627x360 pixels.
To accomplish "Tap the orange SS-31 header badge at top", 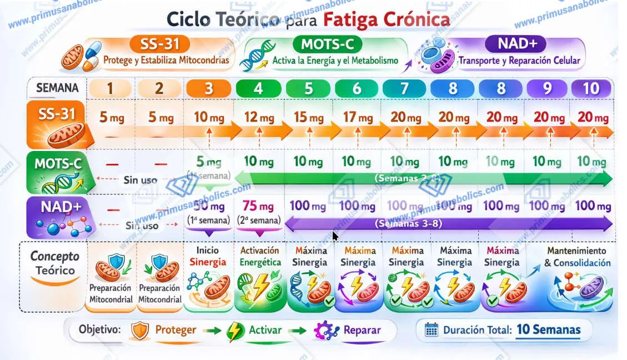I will (160, 43).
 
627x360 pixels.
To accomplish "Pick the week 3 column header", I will (208, 88).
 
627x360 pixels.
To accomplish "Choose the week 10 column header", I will (591, 88).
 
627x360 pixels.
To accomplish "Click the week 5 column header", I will (309, 88).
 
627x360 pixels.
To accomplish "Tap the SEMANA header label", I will (57, 88).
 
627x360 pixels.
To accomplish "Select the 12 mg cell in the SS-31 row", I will (258, 118).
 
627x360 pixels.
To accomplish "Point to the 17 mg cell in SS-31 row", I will (357, 118).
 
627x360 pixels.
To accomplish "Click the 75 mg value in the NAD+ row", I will (258, 206).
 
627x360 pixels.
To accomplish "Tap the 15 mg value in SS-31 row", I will (309, 118).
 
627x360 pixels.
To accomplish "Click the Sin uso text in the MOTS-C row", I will (141, 180).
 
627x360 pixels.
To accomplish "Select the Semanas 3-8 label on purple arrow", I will (409, 224).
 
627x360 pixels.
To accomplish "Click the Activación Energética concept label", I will (259, 256).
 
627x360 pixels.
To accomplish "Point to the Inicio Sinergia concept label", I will (208, 256).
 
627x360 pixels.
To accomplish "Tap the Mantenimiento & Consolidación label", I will (576, 257).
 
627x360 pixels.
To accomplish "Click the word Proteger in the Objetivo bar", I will (175, 329).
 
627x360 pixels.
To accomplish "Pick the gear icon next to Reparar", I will (326, 331).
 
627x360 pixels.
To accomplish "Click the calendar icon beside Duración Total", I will (431, 330).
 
